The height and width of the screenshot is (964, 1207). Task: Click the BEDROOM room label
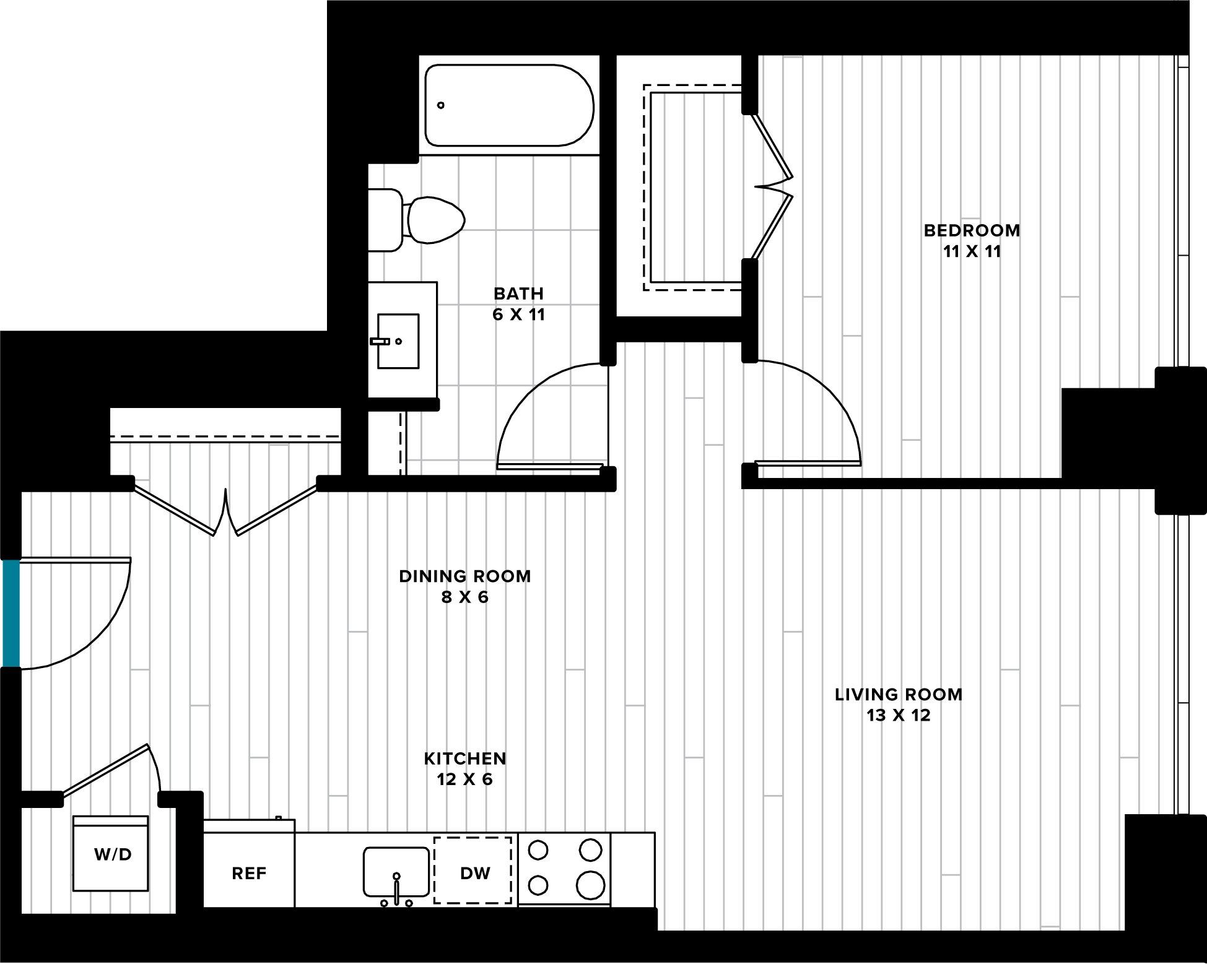tap(972, 230)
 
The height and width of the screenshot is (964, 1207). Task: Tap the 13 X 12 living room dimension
tap(899, 716)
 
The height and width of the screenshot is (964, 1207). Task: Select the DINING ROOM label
tap(465, 576)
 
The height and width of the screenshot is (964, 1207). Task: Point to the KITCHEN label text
tap(465, 758)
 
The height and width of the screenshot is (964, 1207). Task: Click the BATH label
tap(518, 293)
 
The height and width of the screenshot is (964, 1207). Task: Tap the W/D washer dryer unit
tap(111, 854)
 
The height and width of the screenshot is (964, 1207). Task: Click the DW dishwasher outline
tap(473, 870)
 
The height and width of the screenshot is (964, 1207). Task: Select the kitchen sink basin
tap(396, 872)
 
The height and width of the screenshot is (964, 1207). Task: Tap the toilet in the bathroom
tap(416, 220)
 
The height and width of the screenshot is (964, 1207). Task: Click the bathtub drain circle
tap(441, 105)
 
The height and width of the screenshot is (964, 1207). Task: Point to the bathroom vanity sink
tap(398, 341)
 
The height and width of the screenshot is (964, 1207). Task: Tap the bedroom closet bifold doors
tap(772, 186)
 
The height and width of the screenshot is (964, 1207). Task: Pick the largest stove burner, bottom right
tap(590, 885)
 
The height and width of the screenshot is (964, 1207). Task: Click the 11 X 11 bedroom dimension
tap(972, 251)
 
